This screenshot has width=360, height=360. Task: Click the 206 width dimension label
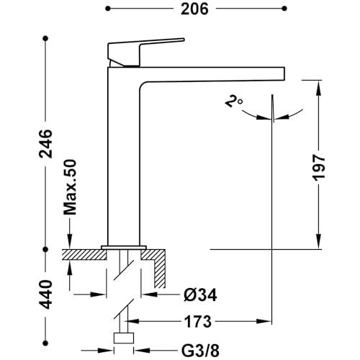pyautogui.click(x=194, y=9)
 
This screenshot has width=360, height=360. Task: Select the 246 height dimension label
pyautogui.click(x=45, y=144)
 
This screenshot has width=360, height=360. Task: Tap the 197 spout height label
pyautogui.click(x=319, y=167)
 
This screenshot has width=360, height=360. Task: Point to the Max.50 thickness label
pyautogui.click(x=70, y=187)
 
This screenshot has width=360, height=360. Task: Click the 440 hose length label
pyautogui.click(x=45, y=294)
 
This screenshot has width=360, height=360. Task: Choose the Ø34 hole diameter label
pyautogui.click(x=200, y=294)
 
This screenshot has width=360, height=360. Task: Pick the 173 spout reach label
pyautogui.click(x=198, y=321)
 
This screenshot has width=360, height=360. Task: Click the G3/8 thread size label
pyautogui.click(x=200, y=351)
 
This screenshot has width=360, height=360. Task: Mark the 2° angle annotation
pyautogui.click(x=233, y=101)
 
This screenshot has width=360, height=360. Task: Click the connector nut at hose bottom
pyautogui.click(x=124, y=338)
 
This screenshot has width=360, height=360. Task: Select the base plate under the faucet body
pyautogui.click(x=124, y=248)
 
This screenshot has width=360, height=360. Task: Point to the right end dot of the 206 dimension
pyautogui.click(x=284, y=9)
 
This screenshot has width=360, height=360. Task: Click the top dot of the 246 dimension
pyautogui.click(x=45, y=38)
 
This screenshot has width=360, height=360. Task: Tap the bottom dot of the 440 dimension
pyautogui.click(x=45, y=343)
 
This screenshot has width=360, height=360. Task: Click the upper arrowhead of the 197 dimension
pyautogui.click(x=319, y=88)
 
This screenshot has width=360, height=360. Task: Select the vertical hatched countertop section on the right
pyautogui.click(x=160, y=269)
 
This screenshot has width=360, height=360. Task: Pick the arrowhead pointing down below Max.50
pyautogui.click(x=70, y=240)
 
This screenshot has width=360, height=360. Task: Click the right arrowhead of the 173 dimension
pyautogui.click(x=264, y=321)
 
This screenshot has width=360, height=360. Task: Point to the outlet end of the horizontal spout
pyautogui.click(x=284, y=74)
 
